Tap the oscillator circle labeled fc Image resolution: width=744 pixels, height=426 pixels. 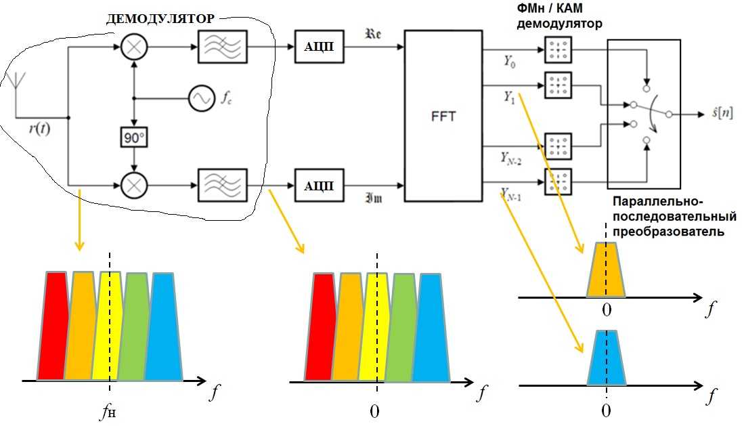coord(202,99)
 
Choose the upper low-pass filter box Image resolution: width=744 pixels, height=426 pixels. coord(223,47)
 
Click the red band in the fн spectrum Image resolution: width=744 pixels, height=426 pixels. coord(51,325)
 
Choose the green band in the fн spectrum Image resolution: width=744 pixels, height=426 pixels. coord(135,325)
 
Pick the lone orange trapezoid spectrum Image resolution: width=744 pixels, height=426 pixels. coord(606,271)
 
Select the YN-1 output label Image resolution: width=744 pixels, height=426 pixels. coord(512,196)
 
